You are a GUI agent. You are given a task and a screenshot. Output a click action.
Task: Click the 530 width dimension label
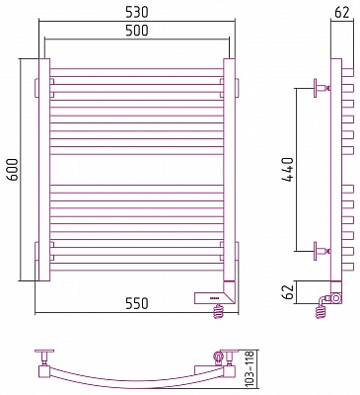pos(136,12)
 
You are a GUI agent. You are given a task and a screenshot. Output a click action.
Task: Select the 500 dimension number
pos(137,31)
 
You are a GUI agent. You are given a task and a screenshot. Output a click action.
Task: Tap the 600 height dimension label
pos(13,170)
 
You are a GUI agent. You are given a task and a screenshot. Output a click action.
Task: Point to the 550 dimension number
pos(136,303)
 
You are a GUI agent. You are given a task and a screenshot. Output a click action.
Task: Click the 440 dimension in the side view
pos(287,170)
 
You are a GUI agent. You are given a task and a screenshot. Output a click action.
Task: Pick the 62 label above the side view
pos(342,12)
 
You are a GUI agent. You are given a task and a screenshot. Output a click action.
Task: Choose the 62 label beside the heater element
pos(288,291)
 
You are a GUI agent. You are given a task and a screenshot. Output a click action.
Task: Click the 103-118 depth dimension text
pos(250,368)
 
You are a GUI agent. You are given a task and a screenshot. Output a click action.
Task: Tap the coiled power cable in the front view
pos(219,311)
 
